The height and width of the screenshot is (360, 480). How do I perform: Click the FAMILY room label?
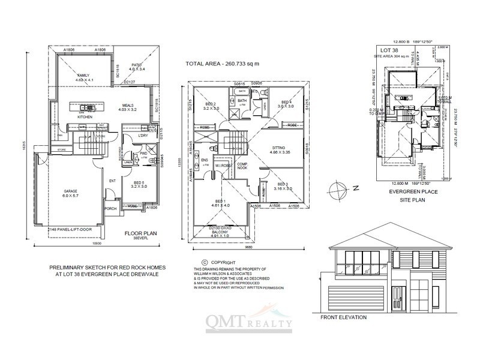pos(83,74)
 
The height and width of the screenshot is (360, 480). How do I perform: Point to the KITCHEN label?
pos(85,117)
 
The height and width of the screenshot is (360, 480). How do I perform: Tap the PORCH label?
pos(110,209)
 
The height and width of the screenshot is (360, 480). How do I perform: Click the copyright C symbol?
pos(205,262)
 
